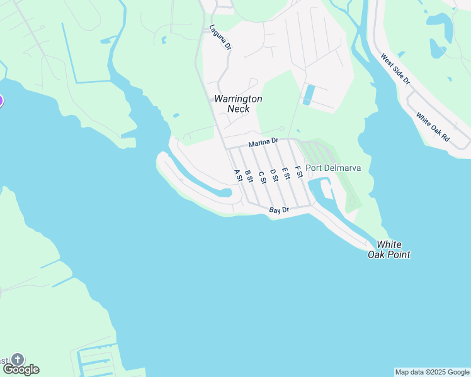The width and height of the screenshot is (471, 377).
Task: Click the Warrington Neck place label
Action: [x=238, y=104]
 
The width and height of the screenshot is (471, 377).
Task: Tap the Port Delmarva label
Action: [x=333, y=168]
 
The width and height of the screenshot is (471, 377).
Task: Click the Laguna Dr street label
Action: [x=221, y=38]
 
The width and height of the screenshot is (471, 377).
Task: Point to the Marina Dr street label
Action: [x=263, y=143]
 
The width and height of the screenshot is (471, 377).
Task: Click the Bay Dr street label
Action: [x=278, y=210]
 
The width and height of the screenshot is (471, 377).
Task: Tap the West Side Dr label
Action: [x=395, y=69]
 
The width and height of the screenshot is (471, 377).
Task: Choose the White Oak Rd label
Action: [x=433, y=126]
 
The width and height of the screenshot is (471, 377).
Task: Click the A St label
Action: [x=238, y=175]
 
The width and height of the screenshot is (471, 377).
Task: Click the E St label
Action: [x=286, y=173]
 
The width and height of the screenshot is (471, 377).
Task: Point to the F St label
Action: [x=298, y=171]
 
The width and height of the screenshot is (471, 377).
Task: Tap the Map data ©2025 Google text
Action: [x=432, y=372]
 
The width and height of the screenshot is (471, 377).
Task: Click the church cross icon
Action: [x=18, y=359]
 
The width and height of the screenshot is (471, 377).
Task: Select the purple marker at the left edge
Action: [x=1, y=100]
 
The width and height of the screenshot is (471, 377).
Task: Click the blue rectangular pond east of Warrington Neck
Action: [x=309, y=94]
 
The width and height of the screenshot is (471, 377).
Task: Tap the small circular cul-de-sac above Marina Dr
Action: [x=282, y=129]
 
